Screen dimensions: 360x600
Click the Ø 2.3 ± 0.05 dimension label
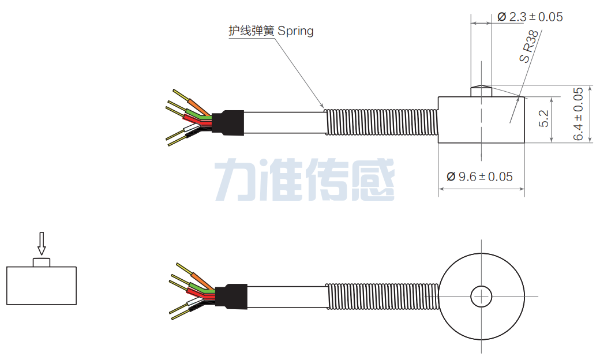(530, 17)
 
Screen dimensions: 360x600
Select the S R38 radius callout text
(530, 46)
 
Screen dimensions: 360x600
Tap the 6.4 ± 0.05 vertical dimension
(579, 114)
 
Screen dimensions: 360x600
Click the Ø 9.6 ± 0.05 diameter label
(479, 177)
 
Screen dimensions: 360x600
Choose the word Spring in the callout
(295, 31)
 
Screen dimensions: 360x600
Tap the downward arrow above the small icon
(41, 243)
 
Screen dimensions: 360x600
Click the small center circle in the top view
(481, 297)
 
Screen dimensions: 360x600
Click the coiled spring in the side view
(381, 122)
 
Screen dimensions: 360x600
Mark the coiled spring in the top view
(381, 297)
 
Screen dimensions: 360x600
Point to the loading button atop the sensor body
(481, 91)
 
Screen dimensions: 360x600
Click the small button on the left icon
(42, 262)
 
